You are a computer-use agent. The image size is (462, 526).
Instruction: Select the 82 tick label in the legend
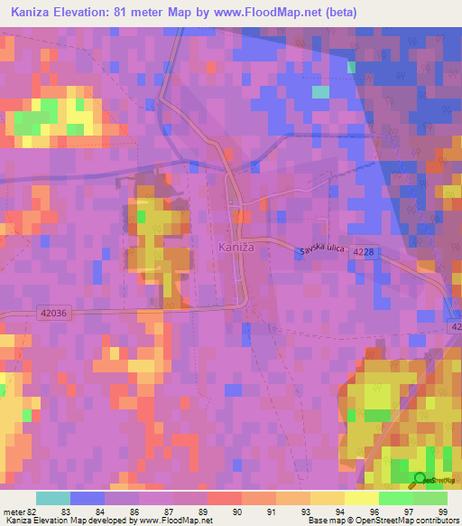click(x=32, y=512)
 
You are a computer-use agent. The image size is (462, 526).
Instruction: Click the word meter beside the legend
click(x=13, y=512)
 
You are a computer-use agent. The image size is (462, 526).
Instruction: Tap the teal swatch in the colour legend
click(x=52, y=498)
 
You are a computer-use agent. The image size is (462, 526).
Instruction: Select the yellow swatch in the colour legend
click(x=361, y=498)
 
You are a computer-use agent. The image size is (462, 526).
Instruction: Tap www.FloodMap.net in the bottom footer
click(x=166, y=521)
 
